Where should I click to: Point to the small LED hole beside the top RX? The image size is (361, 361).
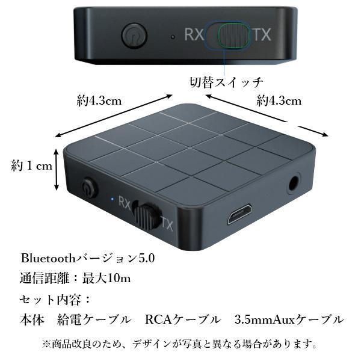coord(173,36)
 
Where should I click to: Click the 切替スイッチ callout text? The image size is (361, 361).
coord(223,81)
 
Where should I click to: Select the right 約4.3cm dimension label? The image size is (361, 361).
coord(279,100)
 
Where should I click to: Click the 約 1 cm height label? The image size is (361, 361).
coord(32,166)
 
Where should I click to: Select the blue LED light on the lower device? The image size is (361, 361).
coord(112,198)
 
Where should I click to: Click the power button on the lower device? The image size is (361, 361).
coord(90,188)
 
